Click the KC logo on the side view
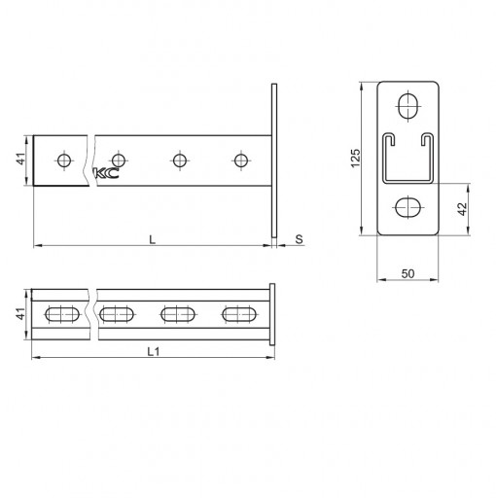click(x=106, y=173)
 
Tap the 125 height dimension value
click(x=356, y=159)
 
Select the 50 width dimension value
click(x=407, y=274)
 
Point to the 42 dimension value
click(x=462, y=209)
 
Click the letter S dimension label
click(x=299, y=239)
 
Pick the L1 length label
click(x=154, y=351)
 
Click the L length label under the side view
click(x=152, y=240)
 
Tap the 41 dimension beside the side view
click(x=21, y=159)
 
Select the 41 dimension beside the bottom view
click(x=20, y=314)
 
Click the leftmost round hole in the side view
click(x=64, y=160)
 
